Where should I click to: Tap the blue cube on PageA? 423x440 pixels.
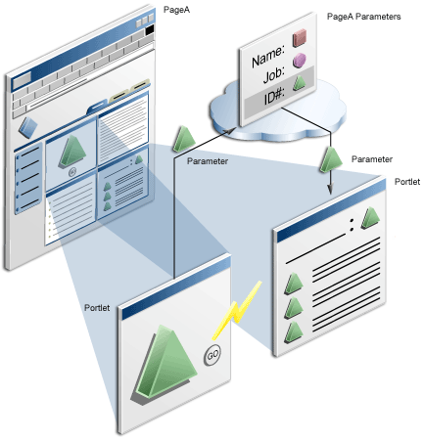28,127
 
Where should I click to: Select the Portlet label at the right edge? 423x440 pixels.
407,182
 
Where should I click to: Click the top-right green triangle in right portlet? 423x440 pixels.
370,216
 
